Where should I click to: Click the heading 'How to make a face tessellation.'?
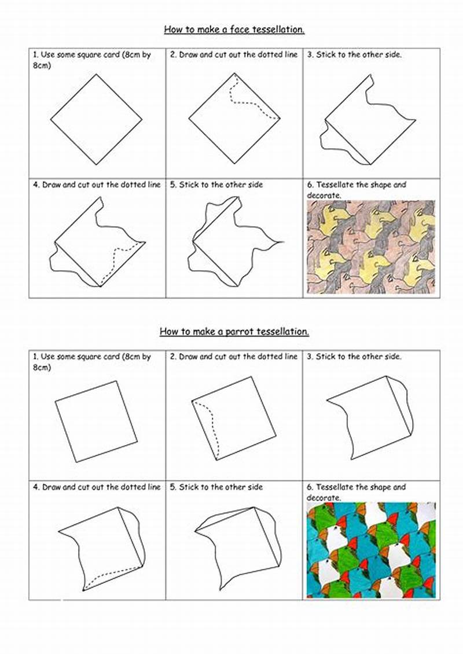tap(234, 29)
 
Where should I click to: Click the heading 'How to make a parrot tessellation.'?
tap(234, 332)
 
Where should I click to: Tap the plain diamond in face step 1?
tap(96, 119)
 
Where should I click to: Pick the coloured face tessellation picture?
tap(370, 247)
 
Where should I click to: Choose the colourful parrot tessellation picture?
tap(370, 549)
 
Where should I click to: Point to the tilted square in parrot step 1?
tap(96, 421)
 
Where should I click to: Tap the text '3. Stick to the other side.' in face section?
tap(354, 55)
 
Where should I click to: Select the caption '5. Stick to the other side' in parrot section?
tap(216, 487)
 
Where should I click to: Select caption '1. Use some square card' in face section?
tap(91, 55)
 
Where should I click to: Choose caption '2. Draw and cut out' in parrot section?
tap(234, 357)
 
